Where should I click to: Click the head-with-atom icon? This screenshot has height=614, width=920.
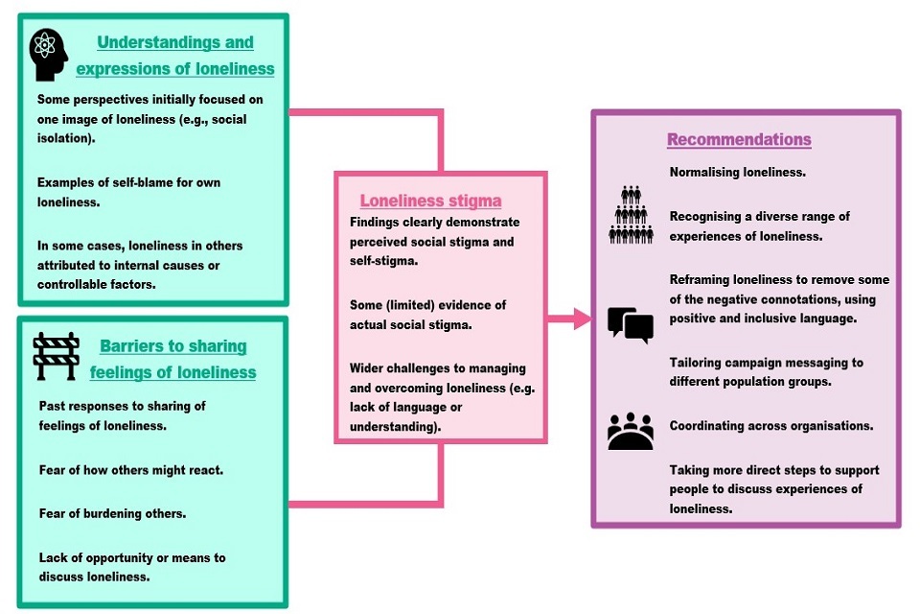coord(49,55)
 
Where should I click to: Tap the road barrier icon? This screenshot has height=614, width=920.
coord(56,356)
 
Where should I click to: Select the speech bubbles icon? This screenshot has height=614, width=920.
coord(631,324)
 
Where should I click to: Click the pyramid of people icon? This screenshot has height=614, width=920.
coord(631,214)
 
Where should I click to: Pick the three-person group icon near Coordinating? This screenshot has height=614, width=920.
coord(631,431)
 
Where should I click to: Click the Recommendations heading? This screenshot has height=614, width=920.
coord(739,139)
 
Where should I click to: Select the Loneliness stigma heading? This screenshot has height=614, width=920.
coord(430,201)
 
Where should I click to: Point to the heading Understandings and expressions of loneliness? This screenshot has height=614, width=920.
coord(175,56)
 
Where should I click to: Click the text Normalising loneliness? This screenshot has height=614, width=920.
coord(737,173)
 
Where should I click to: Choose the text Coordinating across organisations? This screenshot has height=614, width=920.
coord(770,426)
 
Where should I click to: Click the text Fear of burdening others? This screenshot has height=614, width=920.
coord(112,513)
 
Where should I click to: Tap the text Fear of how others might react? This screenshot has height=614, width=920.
coord(130,470)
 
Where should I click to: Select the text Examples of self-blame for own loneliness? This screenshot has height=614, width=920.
coord(128,192)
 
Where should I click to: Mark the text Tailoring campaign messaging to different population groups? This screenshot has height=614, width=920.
coord(766,372)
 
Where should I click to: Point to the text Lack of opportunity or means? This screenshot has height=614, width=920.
coord(132,567)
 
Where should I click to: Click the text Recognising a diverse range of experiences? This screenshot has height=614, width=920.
coord(759,225)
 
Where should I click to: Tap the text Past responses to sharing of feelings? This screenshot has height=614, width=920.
coord(122,414)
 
